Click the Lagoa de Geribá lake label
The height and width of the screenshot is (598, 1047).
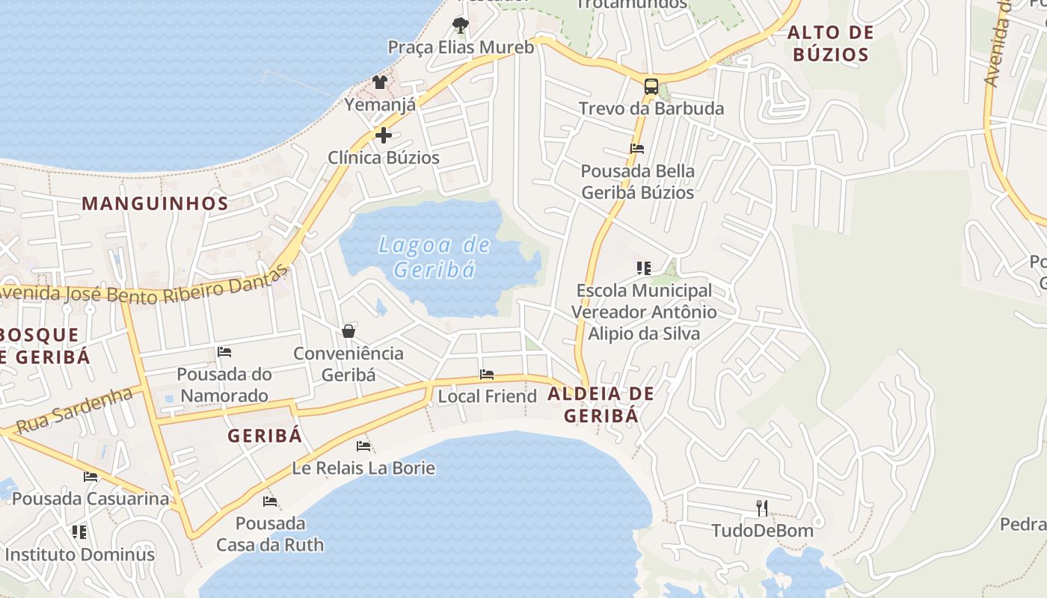(435, 256)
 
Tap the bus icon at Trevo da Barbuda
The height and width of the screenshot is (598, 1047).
(651, 86)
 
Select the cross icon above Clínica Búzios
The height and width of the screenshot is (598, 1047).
(384, 135)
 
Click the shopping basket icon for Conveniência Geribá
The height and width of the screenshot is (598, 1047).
(349, 330)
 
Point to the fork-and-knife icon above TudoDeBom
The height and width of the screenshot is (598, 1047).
(762, 508)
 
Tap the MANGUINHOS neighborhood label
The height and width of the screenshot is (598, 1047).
(155, 203)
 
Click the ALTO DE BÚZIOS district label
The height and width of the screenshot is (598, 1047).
(831, 43)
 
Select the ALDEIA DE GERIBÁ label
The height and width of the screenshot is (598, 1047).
(601, 404)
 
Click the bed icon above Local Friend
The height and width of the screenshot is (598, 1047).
(487, 374)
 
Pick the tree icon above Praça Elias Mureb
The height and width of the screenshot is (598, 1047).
(461, 25)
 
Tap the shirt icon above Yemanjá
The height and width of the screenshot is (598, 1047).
(380, 82)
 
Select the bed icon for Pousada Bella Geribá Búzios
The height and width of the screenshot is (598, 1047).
(637, 148)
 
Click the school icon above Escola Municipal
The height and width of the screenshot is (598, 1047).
(644, 268)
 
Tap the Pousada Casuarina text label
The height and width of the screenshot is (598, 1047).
(90, 499)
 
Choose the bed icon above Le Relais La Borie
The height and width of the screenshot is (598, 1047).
(363, 446)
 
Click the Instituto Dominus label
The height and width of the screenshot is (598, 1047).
(80, 555)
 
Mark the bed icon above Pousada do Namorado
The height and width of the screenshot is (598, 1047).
(224, 351)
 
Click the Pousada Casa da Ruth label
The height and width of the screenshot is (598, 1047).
(270, 534)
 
